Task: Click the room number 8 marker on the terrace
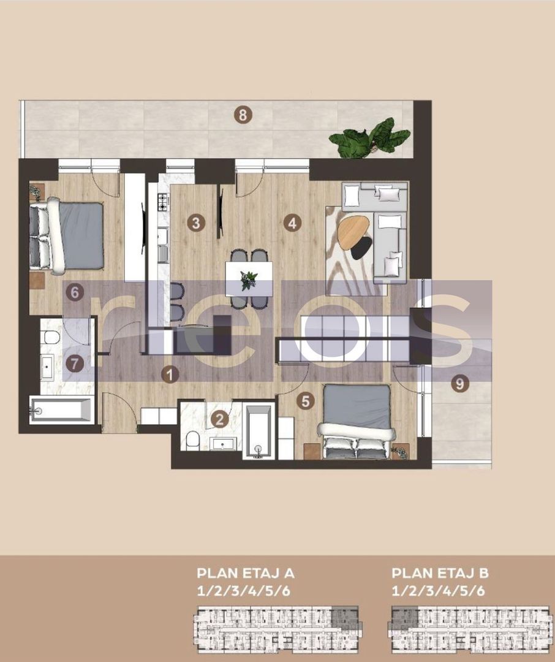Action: pyautogui.click(x=243, y=114)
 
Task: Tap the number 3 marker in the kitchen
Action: pyautogui.click(x=195, y=223)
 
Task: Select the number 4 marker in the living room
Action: pyautogui.click(x=293, y=223)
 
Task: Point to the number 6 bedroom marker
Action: pyautogui.click(x=74, y=292)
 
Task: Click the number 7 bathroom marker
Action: pyautogui.click(x=74, y=363)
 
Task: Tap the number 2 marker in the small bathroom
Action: pyautogui.click(x=219, y=419)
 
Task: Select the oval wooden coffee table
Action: pyautogui.click(x=353, y=233)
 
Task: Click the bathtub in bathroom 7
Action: pyautogui.click(x=61, y=409)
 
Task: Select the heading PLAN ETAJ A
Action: pyautogui.click(x=246, y=574)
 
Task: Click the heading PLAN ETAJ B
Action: pyautogui.click(x=440, y=574)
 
